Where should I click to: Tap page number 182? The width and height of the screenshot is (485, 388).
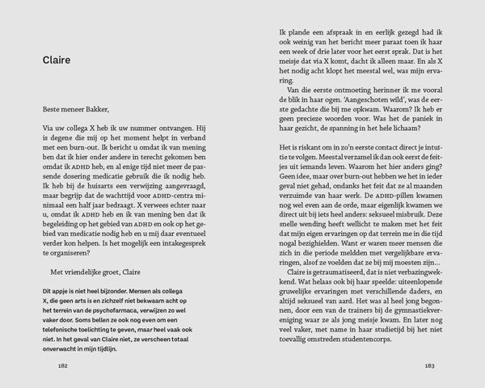pos(61,365)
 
